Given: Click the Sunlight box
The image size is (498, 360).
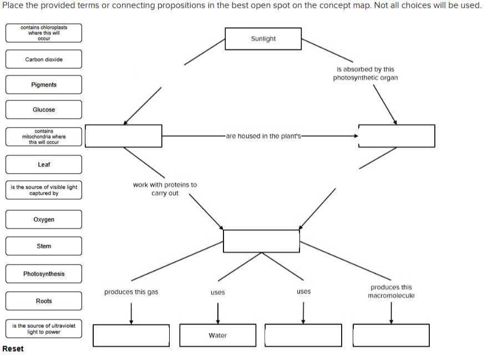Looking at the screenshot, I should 263,39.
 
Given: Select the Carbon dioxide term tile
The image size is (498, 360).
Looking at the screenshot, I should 44,59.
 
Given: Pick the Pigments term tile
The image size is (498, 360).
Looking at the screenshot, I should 44,85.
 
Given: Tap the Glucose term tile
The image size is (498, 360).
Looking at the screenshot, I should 44,110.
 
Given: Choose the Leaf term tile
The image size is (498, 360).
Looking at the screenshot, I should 44,165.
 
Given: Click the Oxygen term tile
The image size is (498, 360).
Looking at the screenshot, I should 44,220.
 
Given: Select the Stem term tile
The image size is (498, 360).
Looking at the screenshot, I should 44,246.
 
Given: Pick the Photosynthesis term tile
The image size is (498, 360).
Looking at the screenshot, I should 44,274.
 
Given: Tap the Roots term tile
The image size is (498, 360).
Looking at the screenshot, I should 44,301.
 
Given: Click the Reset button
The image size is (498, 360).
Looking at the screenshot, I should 13,349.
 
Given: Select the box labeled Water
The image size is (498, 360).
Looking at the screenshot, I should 218,336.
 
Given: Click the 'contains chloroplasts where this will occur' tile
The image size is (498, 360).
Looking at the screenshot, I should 44,33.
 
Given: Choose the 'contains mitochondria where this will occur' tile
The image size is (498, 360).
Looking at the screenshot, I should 44,137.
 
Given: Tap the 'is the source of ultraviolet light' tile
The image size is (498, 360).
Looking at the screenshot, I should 44,329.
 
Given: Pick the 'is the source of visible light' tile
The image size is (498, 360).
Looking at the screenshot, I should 44,190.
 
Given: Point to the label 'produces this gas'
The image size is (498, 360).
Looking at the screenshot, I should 131,292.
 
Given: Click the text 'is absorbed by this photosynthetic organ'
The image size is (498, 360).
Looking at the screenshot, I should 365,74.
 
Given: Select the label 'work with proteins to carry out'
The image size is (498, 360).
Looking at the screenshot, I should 165,189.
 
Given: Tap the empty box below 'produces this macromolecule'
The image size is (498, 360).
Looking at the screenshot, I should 391,336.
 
